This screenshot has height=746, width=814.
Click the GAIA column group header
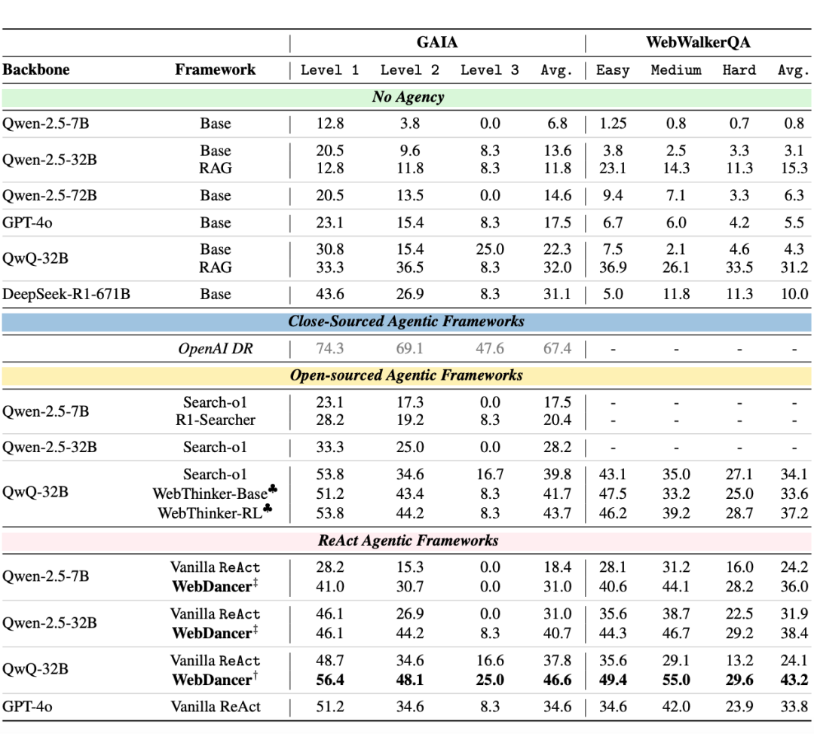[x=437, y=42]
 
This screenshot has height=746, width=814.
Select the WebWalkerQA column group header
[x=698, y=42]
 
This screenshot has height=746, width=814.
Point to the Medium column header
[x=676, y=70]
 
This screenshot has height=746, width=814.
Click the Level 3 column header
[x=489, y=70]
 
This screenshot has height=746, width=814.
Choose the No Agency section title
[x=408, y=97]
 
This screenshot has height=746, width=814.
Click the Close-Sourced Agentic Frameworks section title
[x=406, y=321]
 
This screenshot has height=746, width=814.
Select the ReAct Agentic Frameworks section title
[x=408, y=540]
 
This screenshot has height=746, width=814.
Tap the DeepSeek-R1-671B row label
[x=66, y=294]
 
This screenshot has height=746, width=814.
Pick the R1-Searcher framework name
[x=216, y=420]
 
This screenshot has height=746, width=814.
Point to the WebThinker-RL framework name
[x=210, y=513]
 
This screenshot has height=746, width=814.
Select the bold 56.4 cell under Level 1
[x=329, y=680]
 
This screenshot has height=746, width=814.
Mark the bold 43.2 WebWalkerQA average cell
[x=793, y=680]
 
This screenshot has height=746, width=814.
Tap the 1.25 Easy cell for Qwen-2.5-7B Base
[x=612, y=124]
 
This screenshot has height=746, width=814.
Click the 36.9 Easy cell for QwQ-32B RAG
[x=612, y=267]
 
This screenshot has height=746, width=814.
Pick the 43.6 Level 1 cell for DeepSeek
[x=329, y=294]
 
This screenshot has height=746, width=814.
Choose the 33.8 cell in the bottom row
[x=793, y=707]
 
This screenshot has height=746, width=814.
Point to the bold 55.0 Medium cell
[x=676, y=680]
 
